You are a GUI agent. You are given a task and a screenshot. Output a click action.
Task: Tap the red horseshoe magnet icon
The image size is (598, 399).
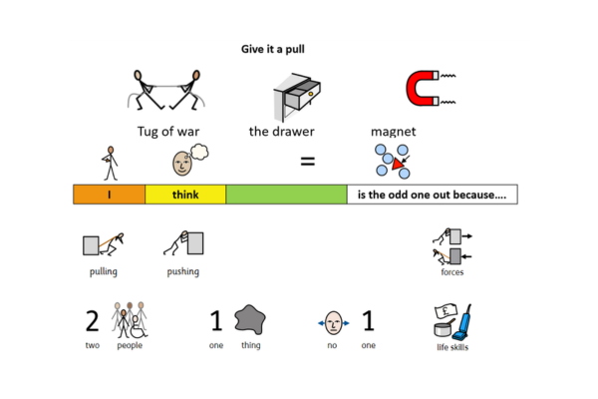pyautogui.click(x=424, y=89)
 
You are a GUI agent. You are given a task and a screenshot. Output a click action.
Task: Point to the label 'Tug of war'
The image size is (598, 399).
pyautogui.click(x=165, y=131)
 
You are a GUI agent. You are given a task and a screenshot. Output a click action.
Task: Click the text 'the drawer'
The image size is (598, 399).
pyautogui.click(x=281, y=131)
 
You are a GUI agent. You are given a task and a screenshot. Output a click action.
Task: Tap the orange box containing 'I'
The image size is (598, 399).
pyautogui.click(x=110, y=195)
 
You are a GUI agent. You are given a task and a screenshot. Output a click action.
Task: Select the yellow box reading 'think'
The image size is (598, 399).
pyautogui.click(x=185, y=195)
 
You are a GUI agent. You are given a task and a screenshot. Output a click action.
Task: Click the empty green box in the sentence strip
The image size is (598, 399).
pyautogui.click(x=286, y=195)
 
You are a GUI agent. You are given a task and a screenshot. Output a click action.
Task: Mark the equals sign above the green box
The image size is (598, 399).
pyautogui.click(x=310, y=160)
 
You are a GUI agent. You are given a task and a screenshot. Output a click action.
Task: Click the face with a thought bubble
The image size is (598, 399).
pyautogui.click(x=185, y=160)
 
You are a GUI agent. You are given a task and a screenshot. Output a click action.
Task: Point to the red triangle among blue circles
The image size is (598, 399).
pyautogui.click(x=398, y=163)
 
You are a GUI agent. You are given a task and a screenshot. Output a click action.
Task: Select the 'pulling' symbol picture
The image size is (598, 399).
pyautogui.click(x=102, y=245)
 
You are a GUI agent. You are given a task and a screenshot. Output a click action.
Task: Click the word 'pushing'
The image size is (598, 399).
pyautogui.click(x=183, y=271)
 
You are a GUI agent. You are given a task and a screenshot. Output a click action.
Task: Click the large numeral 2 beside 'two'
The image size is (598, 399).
pyautogui.click(x=92, y=321)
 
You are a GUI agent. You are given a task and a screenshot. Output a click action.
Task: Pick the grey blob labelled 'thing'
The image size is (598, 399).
pyautogui.click(x=250, y=320)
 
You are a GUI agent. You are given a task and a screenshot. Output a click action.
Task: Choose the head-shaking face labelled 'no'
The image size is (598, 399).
pyautogui.click(x=333, y=322)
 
